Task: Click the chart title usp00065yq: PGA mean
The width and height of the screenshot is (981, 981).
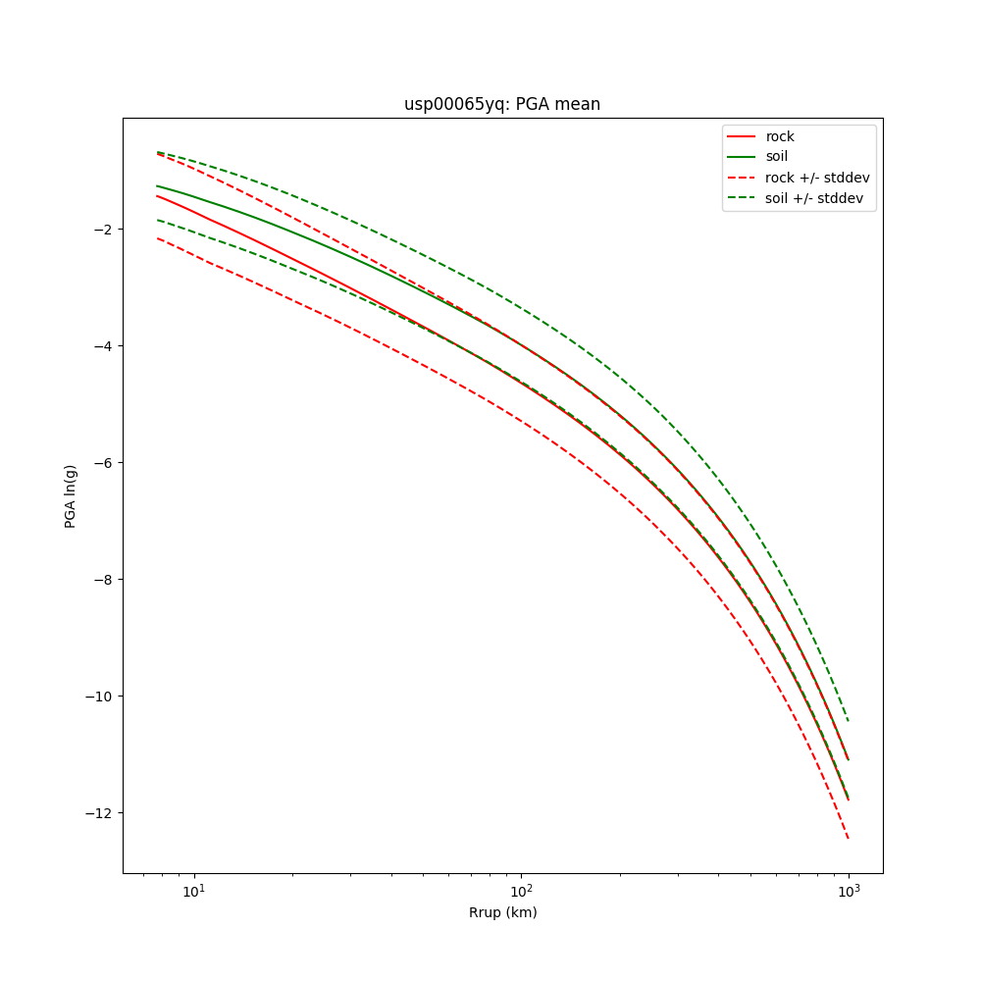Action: [x=502, y=105]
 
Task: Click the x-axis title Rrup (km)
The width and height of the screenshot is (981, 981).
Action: [x=502, y=912]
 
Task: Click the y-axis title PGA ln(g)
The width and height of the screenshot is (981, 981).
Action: [x=71, y=496]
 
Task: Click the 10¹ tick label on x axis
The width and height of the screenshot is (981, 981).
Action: [x=194, y=889]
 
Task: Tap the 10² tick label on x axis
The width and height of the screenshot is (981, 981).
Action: [x=521, y=889]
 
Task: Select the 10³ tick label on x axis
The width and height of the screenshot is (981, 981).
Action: [x=848, y=889]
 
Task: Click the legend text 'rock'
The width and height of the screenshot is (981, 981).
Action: [x=780, y=136]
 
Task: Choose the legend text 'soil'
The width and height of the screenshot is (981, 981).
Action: [x=777, y=157]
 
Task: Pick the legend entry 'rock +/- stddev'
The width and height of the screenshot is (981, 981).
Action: [x=817, y=178]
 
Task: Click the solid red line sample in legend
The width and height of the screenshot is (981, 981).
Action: [x=741, y=136]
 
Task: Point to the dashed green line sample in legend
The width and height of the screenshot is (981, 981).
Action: [x=741, y=198]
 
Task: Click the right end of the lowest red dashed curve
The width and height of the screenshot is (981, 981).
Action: [x=848, y=838]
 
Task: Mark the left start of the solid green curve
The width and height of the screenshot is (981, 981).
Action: [x=157, y=185]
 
